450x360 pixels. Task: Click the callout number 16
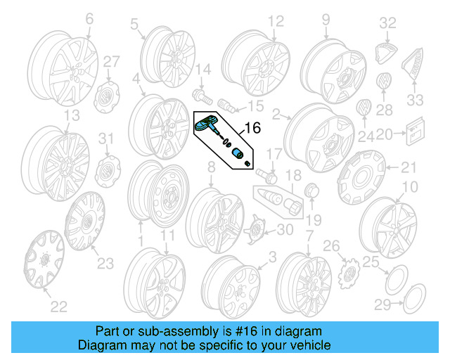coord(251,128)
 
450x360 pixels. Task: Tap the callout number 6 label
coord(89,20)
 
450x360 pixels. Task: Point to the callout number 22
coord(59,306)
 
